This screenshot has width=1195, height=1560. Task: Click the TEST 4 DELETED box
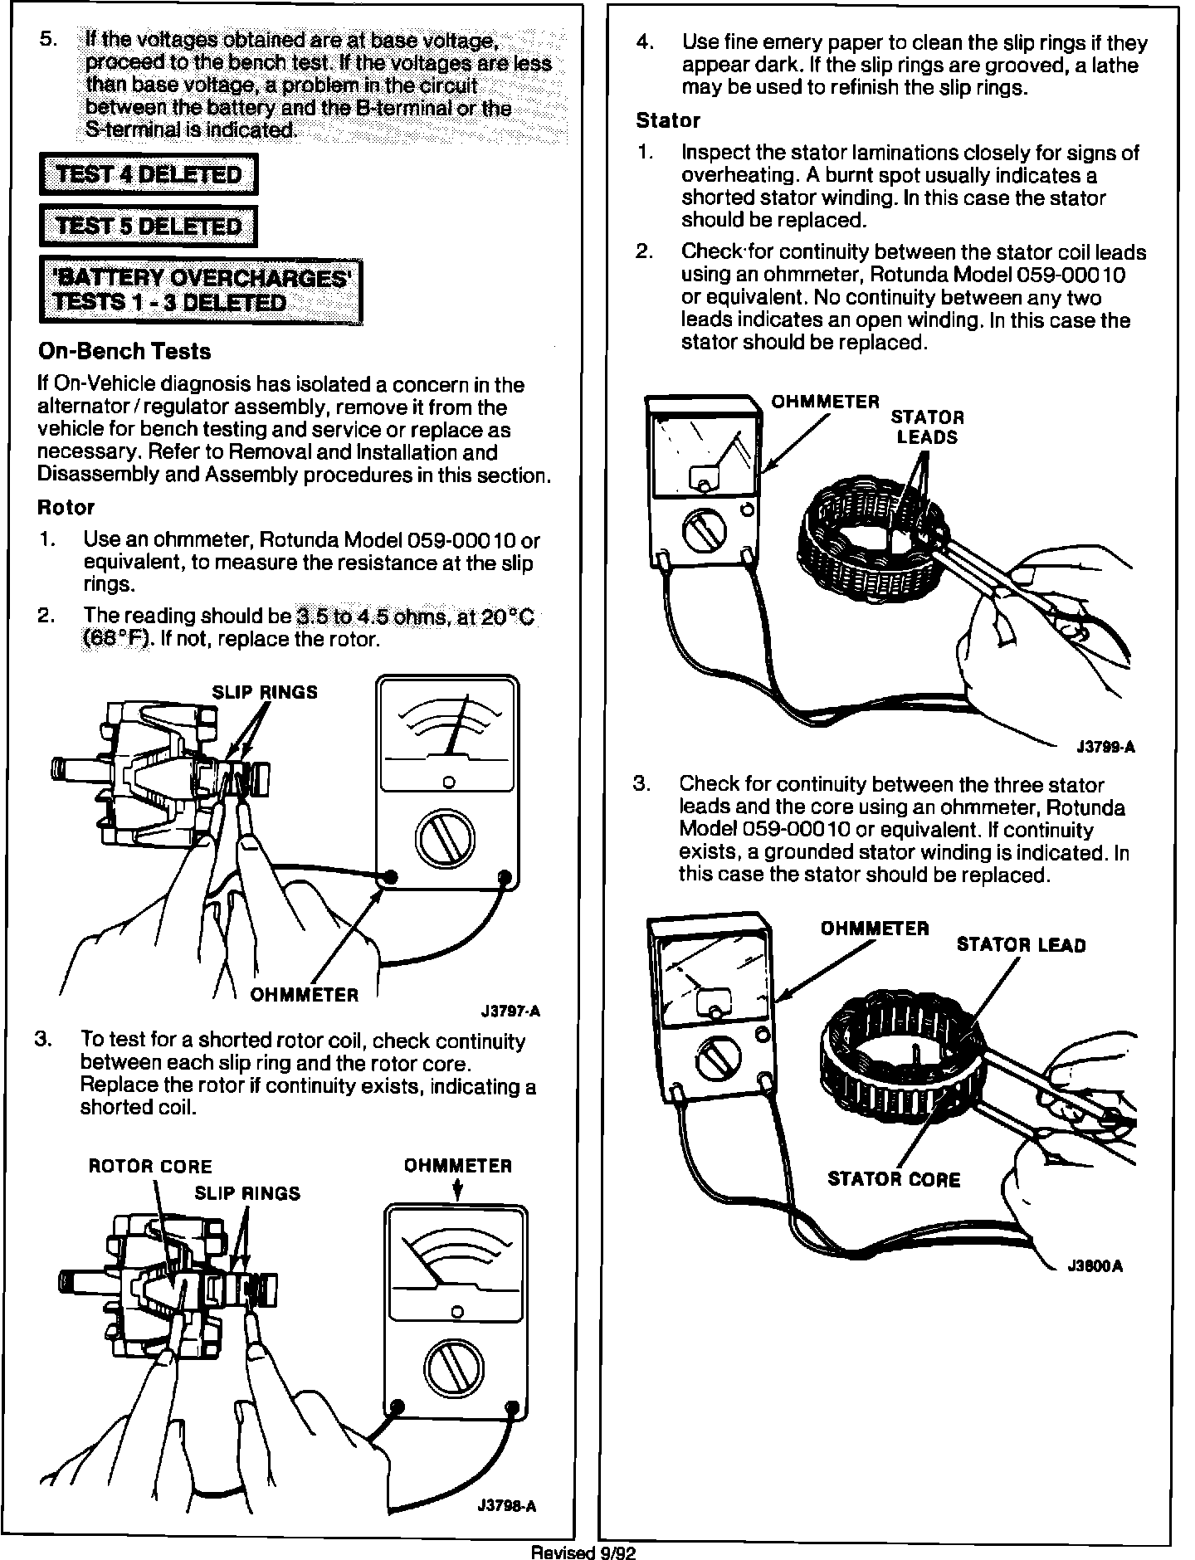click(x=149, y=175)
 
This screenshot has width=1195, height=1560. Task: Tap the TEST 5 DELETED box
click(x=149, y=227)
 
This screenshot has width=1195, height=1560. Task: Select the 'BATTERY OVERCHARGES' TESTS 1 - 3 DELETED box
click(x=201, y=290)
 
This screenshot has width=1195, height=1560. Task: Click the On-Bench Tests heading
click(x=124, y=352)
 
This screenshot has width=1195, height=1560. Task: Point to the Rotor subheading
click(x=66, y=507)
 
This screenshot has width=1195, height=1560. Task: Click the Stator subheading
click(x=668, y=121)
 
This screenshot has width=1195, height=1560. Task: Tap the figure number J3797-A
click(x=510, y=1012)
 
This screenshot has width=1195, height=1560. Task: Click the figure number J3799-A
click(x=1105, y=748)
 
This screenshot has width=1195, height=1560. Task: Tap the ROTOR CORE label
click(x=150, y=1167)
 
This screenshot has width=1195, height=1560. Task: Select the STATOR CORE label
click(x=894, y=1180)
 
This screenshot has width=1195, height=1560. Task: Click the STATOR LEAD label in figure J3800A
click(x=1021, y=945)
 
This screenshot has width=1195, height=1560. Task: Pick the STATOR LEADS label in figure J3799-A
click(x=927, y=427)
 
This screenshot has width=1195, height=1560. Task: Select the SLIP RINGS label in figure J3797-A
click(x=265, y=693)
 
